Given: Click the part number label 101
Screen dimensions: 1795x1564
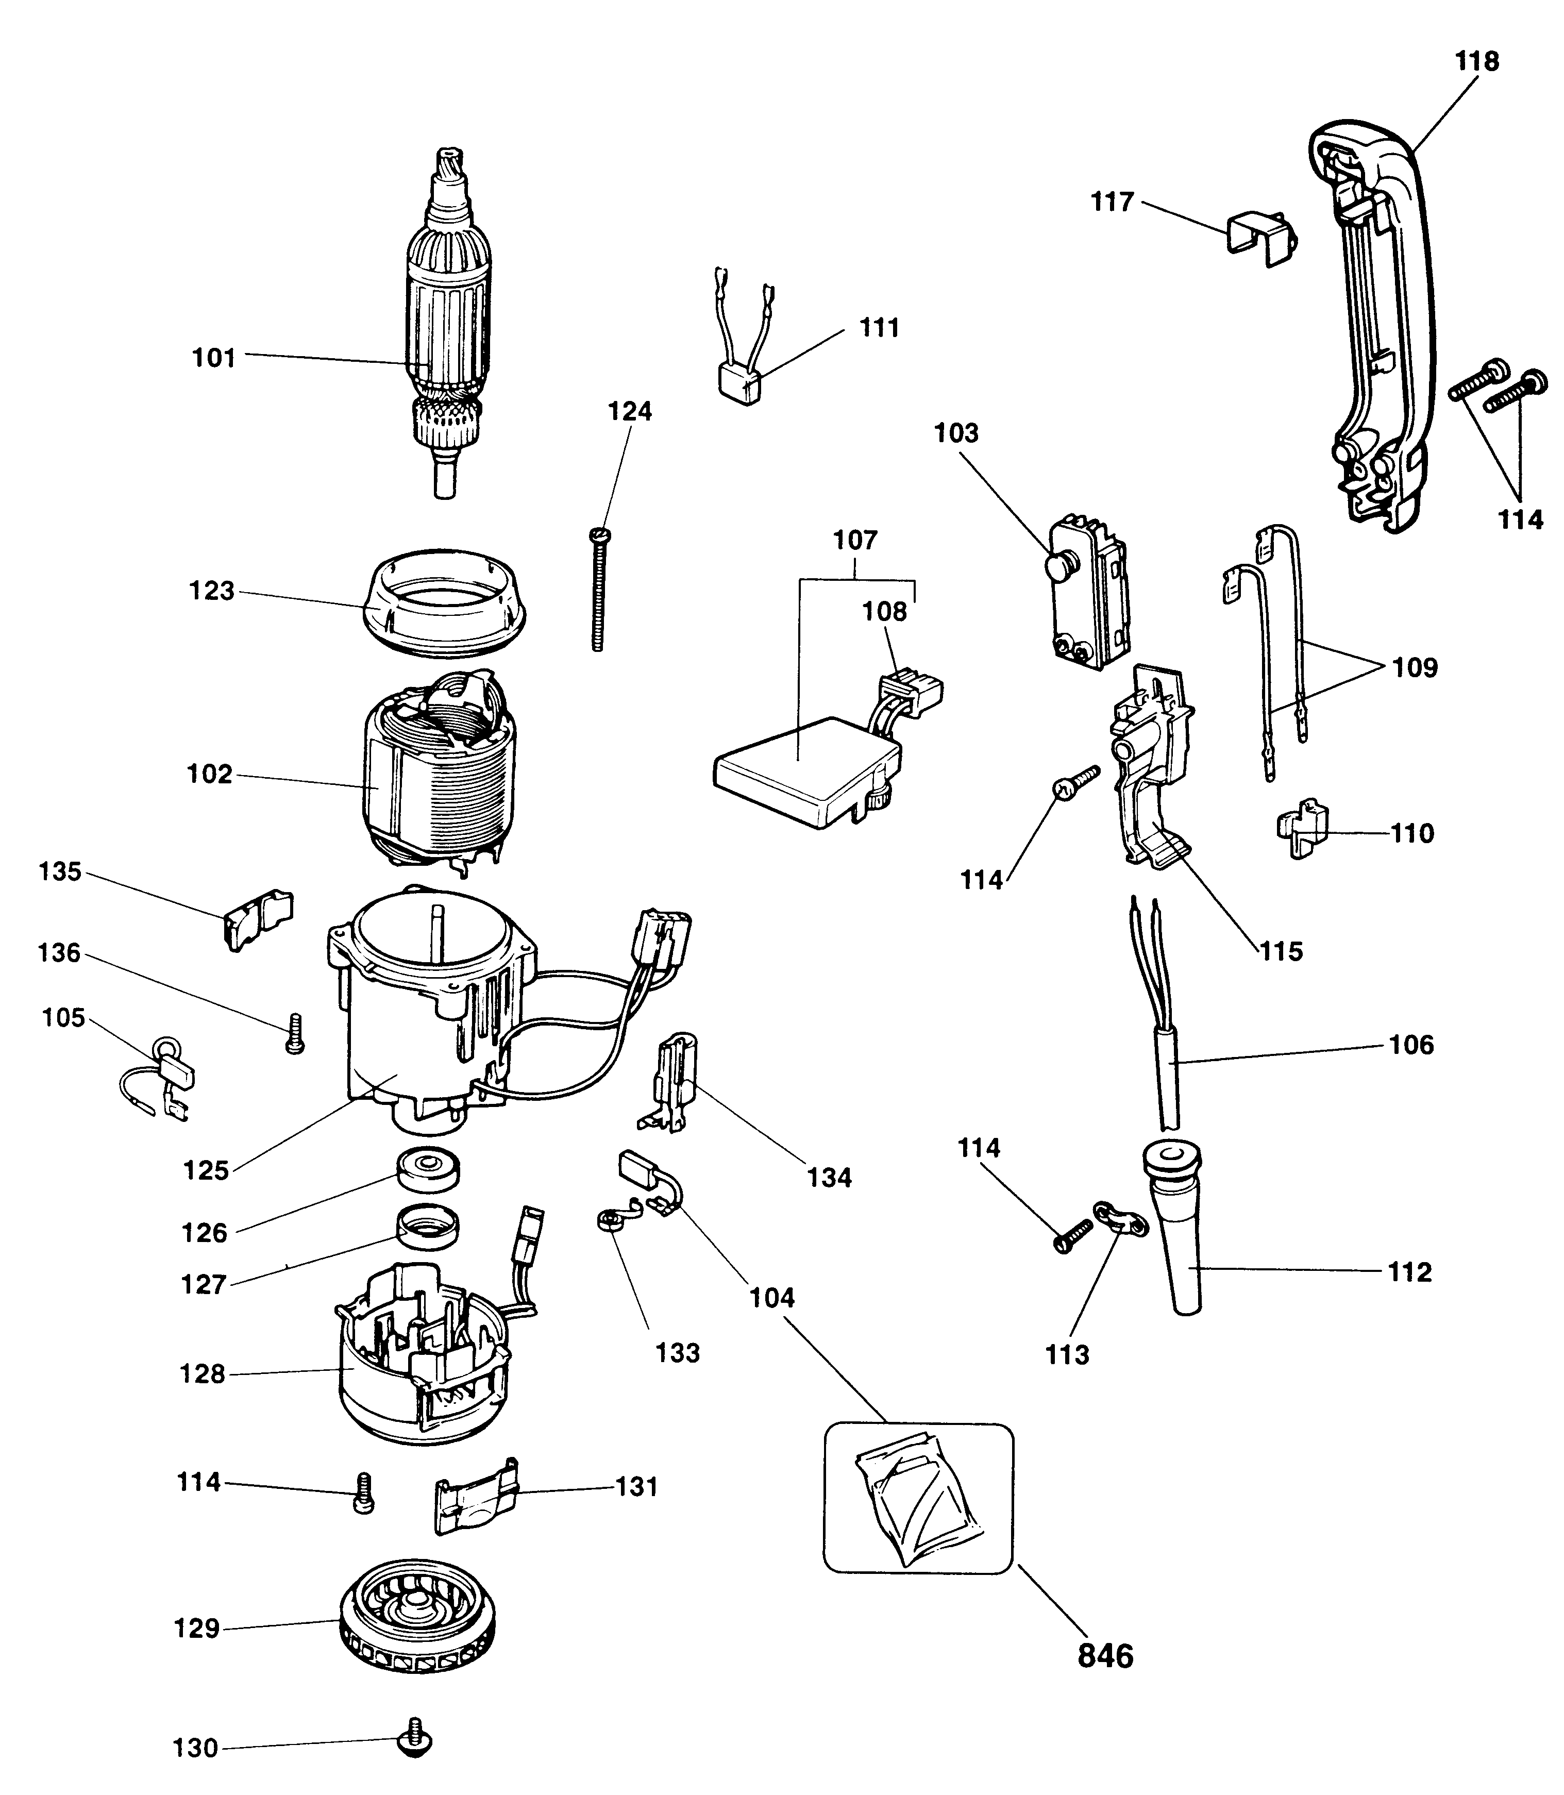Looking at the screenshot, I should tap(214, 358).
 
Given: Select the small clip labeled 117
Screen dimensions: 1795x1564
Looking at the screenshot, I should tap(1261, 232).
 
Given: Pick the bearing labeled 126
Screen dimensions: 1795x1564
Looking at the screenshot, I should tap(428, 1169).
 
